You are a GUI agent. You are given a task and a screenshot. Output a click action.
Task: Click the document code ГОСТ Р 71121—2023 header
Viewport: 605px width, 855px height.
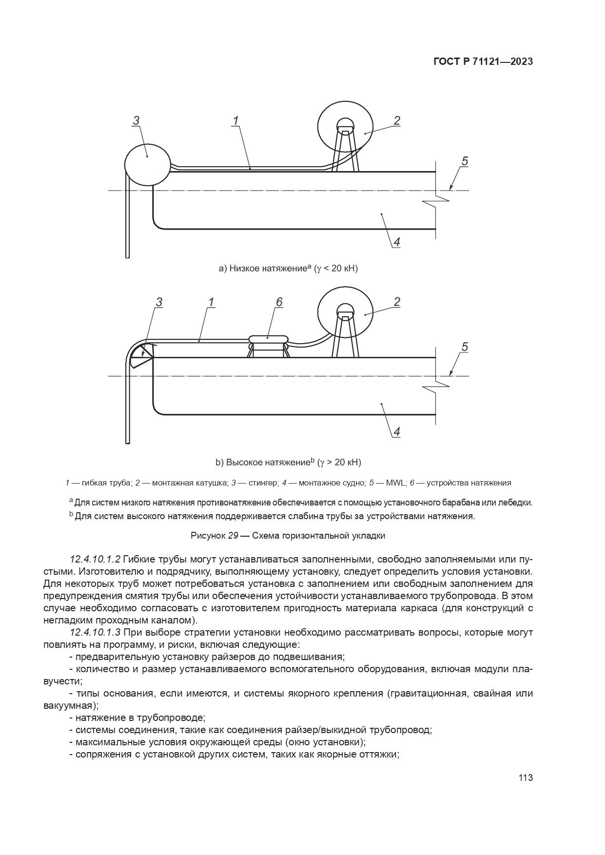[x=482, y=62]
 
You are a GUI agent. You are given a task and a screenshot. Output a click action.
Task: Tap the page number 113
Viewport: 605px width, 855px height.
[x=526, y=777]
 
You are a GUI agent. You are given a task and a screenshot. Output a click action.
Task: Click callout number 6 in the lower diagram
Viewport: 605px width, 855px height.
[x=279, y=302]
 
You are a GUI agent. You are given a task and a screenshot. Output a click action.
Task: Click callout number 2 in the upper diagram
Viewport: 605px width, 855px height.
[x=397, y=121]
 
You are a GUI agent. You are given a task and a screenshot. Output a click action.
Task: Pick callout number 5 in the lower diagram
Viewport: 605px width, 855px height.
[x=464, y=347]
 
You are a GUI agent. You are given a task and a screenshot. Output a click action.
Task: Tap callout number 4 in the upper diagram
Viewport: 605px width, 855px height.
[x=396, y=242]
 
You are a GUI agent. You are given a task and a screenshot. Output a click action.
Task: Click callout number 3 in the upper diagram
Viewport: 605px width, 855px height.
[x=136, y=121]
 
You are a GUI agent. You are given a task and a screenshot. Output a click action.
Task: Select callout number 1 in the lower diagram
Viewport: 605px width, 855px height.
[x=211, y=303]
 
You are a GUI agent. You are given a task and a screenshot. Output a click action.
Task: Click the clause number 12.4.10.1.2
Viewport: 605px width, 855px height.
[x=95, y=559]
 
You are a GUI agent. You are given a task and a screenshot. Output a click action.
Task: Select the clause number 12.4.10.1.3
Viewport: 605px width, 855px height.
[x=95, y=633]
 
